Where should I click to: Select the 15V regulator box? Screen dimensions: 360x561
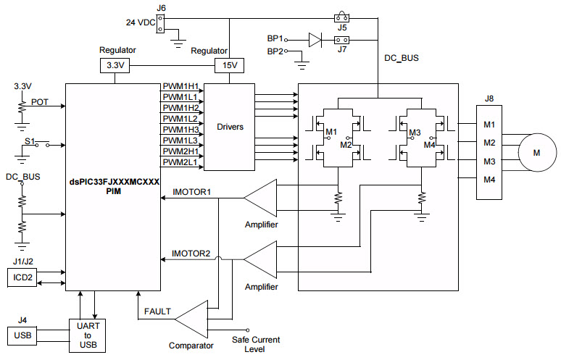(228, 66)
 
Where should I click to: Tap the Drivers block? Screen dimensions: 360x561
(230, 127)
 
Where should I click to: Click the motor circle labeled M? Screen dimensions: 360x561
(536, 152)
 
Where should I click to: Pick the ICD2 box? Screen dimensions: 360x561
(22, 277)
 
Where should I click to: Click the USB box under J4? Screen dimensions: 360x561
(22, 335)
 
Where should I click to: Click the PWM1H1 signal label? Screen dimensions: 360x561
(180, 86)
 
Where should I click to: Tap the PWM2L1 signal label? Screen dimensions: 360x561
(180, 162)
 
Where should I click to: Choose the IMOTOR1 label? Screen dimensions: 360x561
(191, 192)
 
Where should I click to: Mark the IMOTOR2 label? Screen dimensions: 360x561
(191, 254)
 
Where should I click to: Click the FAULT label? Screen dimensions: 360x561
(157, 311)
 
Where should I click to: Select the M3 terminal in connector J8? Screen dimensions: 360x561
(490, 161)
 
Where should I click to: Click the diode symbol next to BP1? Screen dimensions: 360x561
(314, 39)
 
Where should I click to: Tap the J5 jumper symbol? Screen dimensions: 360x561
(343, 17)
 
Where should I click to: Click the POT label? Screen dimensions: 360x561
(39, 102)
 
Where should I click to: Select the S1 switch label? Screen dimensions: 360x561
(30, 140)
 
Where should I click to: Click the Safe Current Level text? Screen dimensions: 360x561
(255, 344)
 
